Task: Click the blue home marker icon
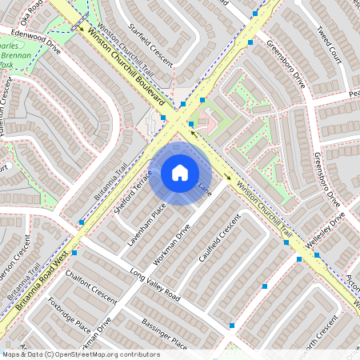[x=180, y=173]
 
